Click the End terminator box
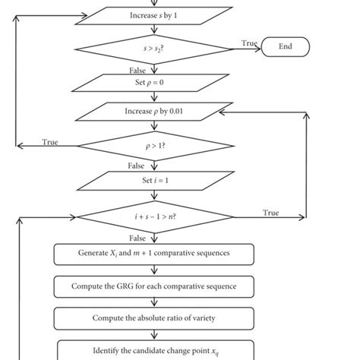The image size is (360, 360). point(286,47)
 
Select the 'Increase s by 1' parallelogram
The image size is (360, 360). point(154,15)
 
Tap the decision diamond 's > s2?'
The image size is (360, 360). point(154,48)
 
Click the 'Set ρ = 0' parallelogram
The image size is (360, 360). point(154,81)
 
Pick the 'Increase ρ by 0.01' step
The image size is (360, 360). point(154,112)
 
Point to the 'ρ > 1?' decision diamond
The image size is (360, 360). point(154,144)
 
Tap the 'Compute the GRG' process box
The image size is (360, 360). point(154,286)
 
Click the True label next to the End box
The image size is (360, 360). point(249,43)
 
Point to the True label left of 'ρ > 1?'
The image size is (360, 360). point(50,141)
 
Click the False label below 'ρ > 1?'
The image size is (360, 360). point(136,165)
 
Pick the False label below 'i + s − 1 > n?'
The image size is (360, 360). point(137,238)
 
